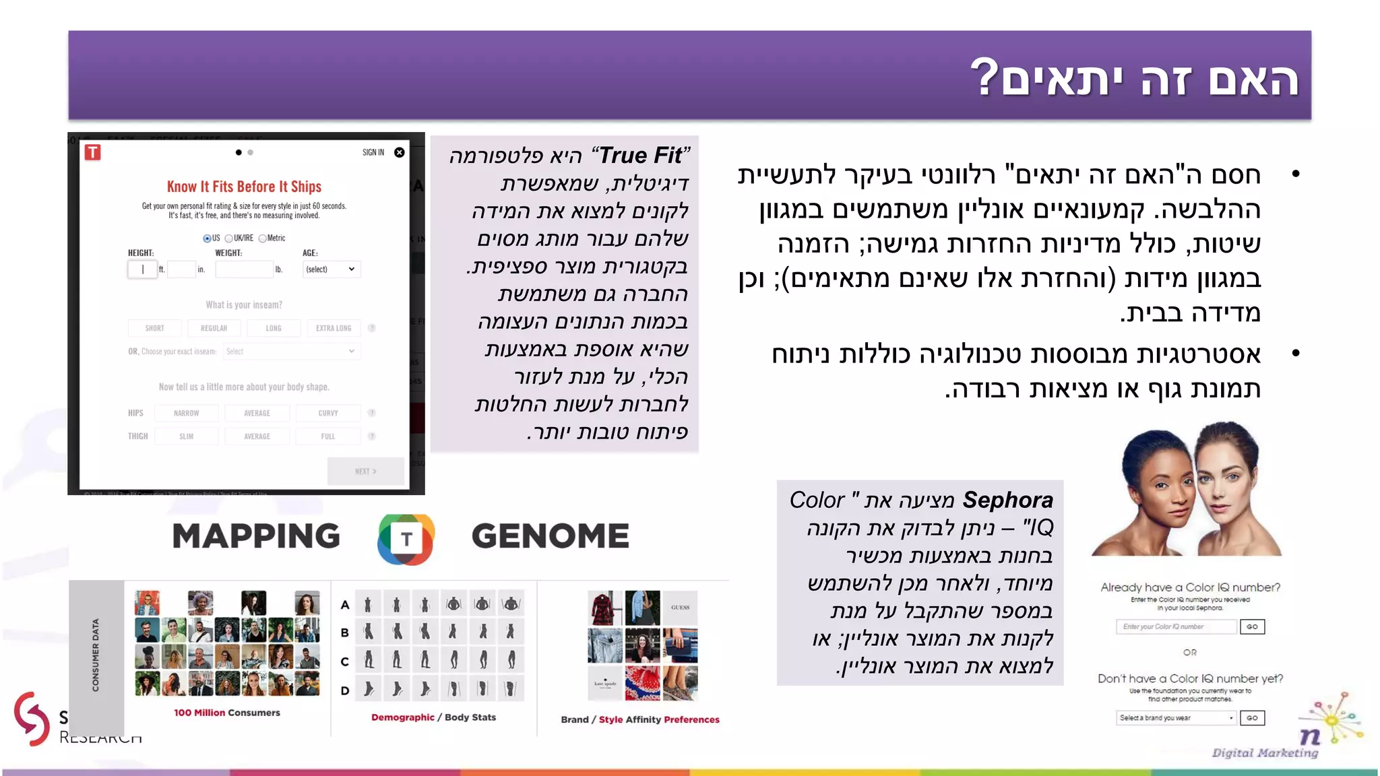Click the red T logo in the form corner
pyautogui.click(x=93, y=152)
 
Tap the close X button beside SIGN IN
pyautogui.click(x=400, y=152)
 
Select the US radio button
pyautogui.click(x=207, y=238)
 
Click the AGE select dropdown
pyautogui.click(x=331, y=269)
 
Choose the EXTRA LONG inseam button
pyautogui.click(x=334, y=328)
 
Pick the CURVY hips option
pyautogui.click(x=328, y=413)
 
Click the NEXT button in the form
pyautogui.click(x=366, y=472)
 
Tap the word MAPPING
pyautogui.click(x=256, y=536)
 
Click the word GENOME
pyautogui.click(x=550, y=536)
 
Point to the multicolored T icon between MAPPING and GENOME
pyautogui.click(x=406, y=539)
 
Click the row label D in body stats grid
pyautogui.click(x=345, y=690)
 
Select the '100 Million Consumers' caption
pyautogui.click(x=227, y=713)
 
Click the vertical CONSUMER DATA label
pyautogui.click(x=96, y=655)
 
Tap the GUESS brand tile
pyautogui.click(x=681, y=608)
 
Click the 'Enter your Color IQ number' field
pyautogui.click(x=1176, y=626)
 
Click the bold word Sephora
pyautogui.click(x=1007, y=500)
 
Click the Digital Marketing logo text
pyautogui.click(x=1265, y=752)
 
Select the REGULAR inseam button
pyautogui.click(x=214, y=328)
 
